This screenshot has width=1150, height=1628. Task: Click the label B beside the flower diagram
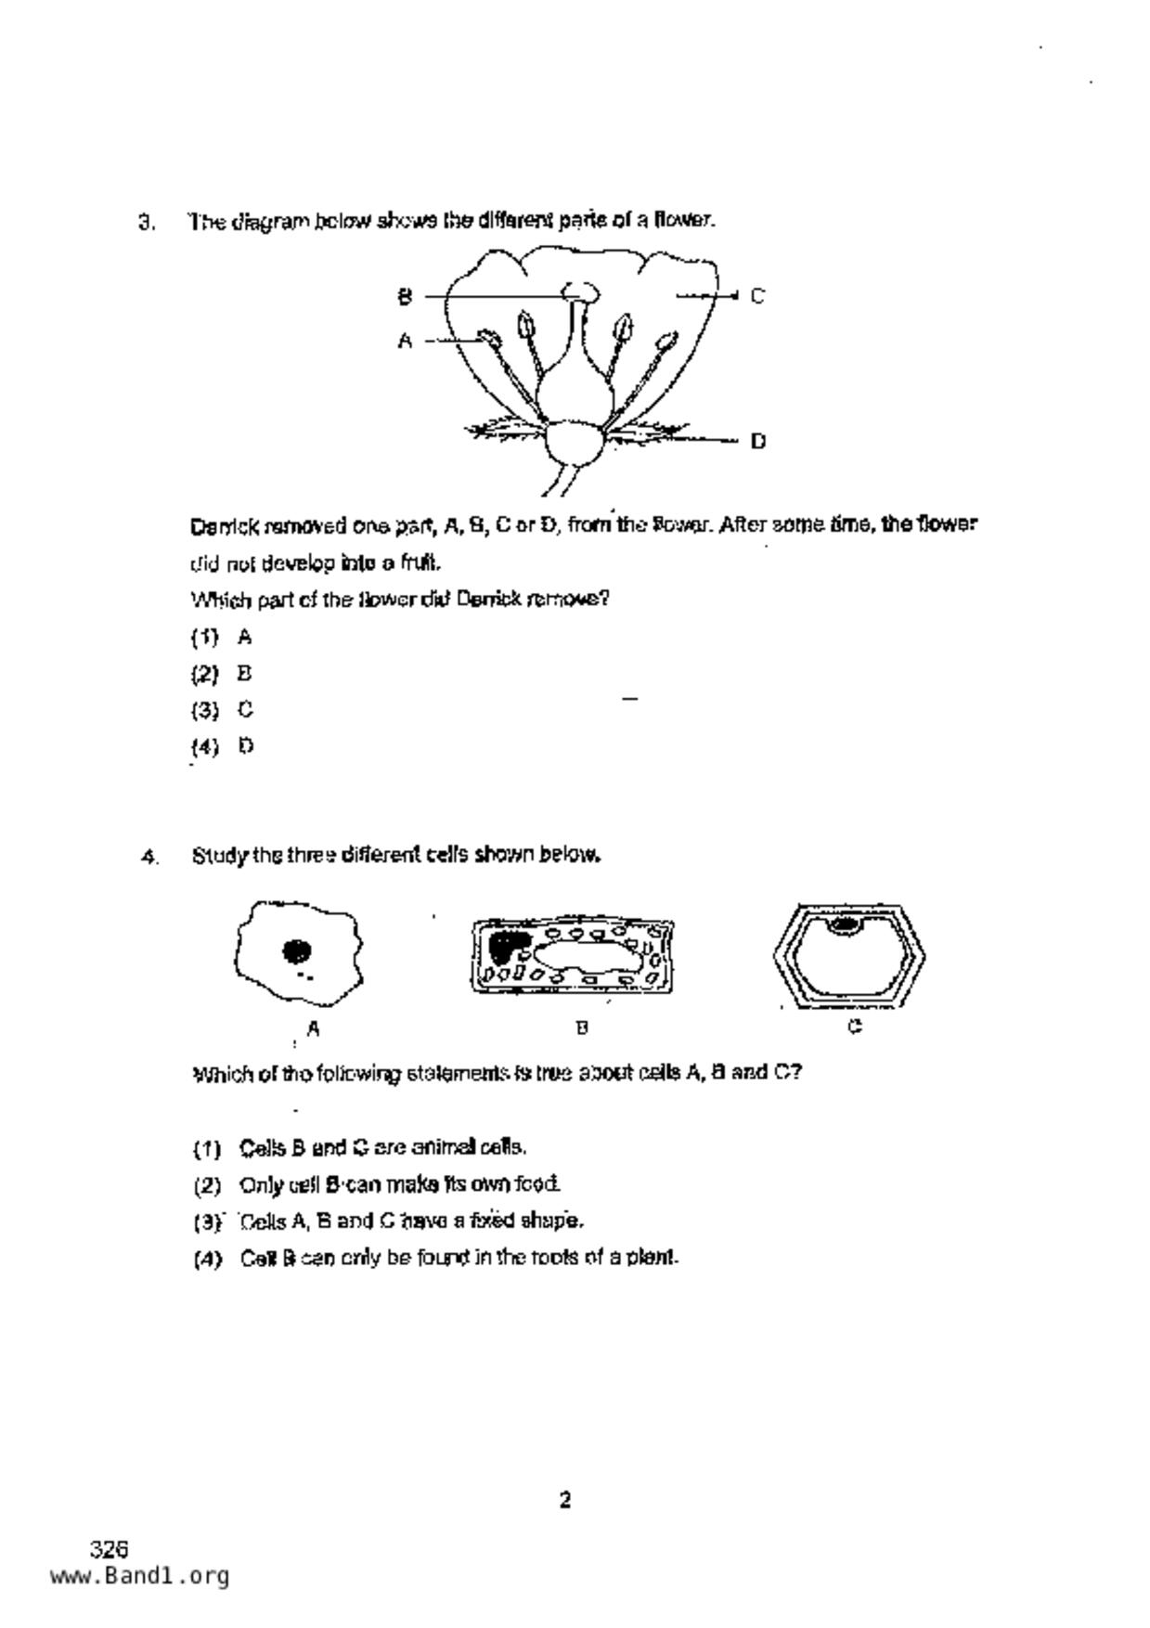(x=405, y=296)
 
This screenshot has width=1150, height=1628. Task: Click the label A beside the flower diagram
(x=405, y=341)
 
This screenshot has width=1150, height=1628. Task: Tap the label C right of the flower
(x=757, y=296)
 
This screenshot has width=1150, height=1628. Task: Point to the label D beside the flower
(x=757, y=441)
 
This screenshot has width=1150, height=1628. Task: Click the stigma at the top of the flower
(x=581, y=293)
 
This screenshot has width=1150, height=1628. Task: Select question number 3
(x=146, y=222)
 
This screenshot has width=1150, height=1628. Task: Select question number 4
(x=149, y=857)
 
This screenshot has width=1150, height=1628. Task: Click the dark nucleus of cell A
(x=297, y=950)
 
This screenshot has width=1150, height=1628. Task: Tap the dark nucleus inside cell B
(x=504, y=946)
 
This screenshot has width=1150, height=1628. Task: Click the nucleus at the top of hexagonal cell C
(x=845, y=924)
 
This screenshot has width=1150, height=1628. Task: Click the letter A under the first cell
(x=314, y=1028)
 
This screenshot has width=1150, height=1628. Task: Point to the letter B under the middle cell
(x=582, y=1027)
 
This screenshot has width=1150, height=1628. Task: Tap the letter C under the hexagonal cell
(x=855, y=1027)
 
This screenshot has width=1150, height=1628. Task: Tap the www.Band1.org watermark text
(x=139, y=1576)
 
